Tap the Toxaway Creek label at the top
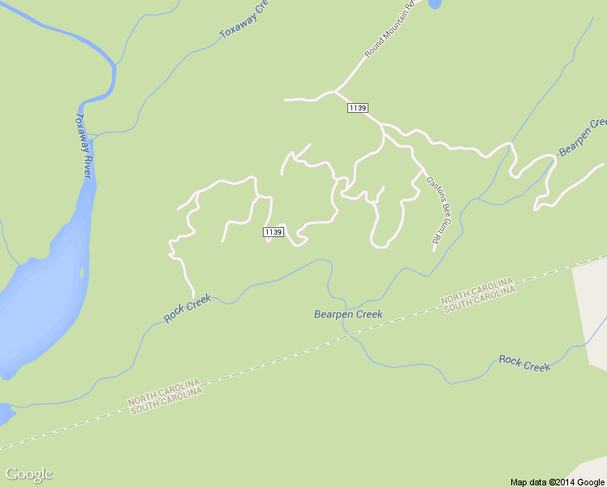coord(243,21)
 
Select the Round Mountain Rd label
coord(390,29)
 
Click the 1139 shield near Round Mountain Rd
coord(358,108)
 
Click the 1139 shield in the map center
coord(273,232)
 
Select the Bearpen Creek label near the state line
coord(348,314)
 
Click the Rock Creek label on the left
coord(187,308)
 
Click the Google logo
coord(28,474)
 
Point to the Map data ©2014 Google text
coord(557,481)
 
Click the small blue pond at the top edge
coord(434,3)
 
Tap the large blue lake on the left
coord(37,300)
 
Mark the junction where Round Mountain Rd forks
coord(335,91)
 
